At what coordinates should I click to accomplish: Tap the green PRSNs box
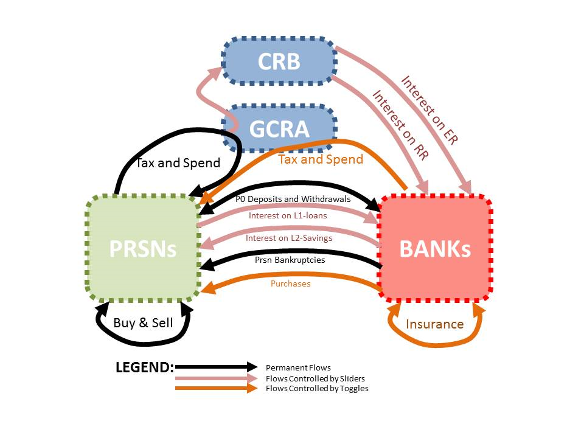click(x=143, y=248)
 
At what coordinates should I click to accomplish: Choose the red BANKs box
click(x=434, y=248)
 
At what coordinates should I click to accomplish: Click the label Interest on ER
click(x=429, y=109)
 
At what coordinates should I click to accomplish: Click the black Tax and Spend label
click(x=178, y=163)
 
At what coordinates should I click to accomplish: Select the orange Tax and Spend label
click(x=321, y=159)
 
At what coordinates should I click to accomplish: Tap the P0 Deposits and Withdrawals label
click(x=293, y=199)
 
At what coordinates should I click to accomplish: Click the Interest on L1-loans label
click(x=288, y=215)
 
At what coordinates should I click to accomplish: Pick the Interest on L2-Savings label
click(x=289, y=238)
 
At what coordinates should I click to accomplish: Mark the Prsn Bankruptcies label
click(x=290, y=260)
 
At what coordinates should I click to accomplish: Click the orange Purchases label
click(x=290, y=283)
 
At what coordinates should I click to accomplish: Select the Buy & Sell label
click(x=143, y=322)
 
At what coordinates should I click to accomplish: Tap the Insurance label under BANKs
click(x=434, y=324)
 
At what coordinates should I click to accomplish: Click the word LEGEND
click(x=145, y=367)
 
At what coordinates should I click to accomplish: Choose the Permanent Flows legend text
click(x=298, y=367)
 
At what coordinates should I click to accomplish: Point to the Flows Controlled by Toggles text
click(x=317, y=388)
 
